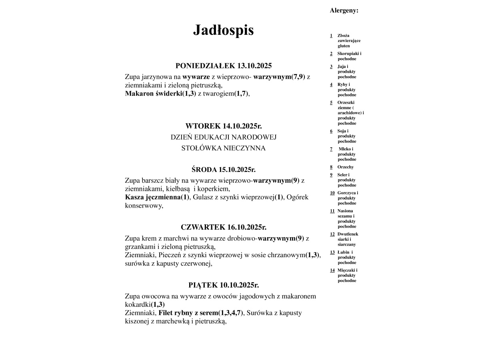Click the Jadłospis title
point(223,30)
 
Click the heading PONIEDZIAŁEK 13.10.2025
point(223,66)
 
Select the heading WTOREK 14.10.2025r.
point(223,126)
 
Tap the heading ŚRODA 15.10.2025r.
point(223,169)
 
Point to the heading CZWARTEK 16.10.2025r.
point(223,227)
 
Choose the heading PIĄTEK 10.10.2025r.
point(223,285)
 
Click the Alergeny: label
point(344,10)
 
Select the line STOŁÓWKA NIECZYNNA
point(223,148)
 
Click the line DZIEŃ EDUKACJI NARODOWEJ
point(223,137)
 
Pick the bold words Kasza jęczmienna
point(152,197)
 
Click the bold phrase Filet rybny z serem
point(188,312)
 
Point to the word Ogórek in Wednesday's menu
point(298,197)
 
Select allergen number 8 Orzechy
point(345,167)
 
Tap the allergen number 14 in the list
point(332,270)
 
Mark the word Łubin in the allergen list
point(343,252)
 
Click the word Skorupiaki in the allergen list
point(348,54)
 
